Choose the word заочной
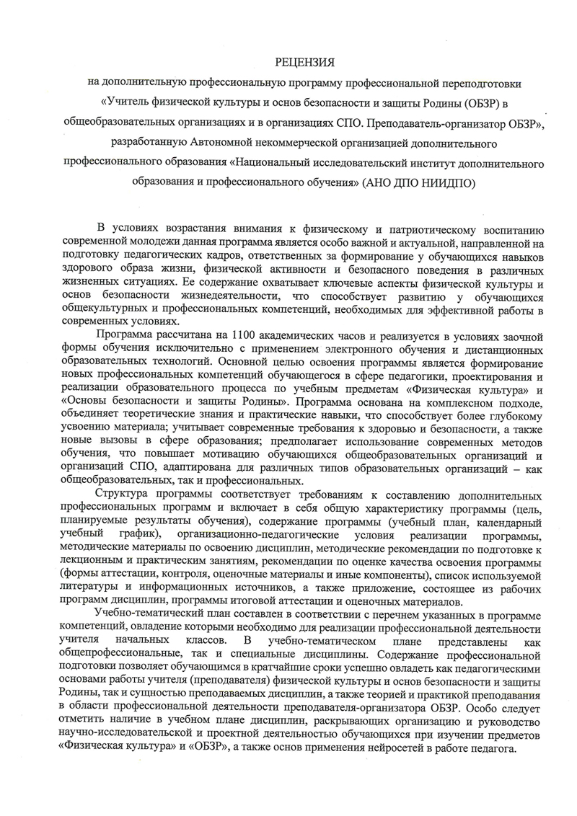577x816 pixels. [511, 335]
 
